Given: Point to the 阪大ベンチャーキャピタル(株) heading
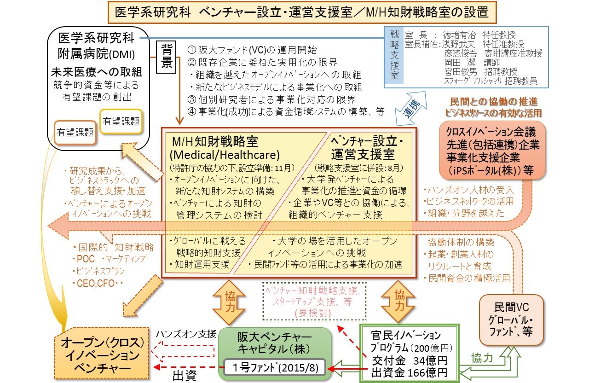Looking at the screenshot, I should coord(275,342).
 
